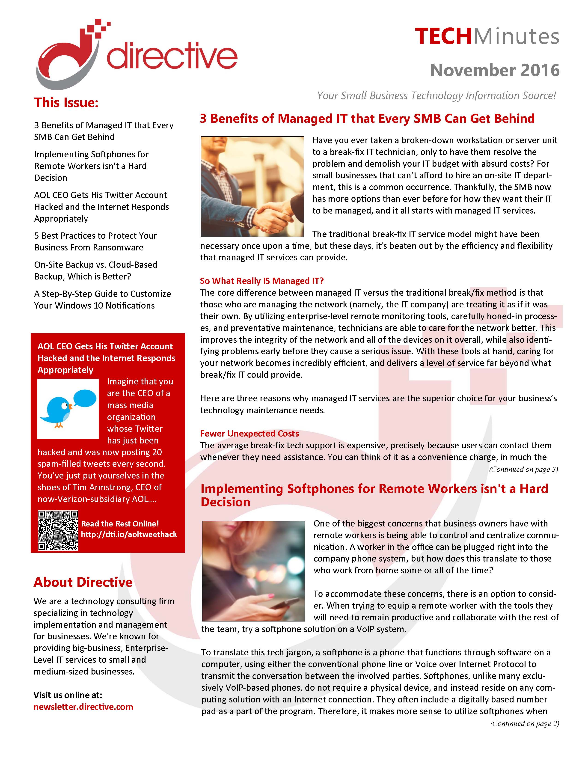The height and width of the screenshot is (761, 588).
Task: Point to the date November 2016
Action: point(495,70)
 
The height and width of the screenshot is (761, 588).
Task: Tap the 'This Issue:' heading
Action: point(66,102)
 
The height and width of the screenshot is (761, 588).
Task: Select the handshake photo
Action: point(252,186)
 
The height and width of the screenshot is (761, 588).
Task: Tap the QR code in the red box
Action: point(58,530)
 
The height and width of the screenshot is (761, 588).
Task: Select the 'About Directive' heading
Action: point(83,582)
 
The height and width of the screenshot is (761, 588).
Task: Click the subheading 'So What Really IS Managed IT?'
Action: point(262,281)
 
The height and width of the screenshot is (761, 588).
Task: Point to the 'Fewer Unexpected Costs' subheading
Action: point(249,434)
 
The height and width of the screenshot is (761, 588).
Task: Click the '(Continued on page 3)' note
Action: point(523,469)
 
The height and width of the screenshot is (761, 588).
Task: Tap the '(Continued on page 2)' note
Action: point(524,723)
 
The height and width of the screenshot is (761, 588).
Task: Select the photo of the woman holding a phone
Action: point(253,571)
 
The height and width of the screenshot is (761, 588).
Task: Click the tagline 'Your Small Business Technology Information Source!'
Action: point(436,95)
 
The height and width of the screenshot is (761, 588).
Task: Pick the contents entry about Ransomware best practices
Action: point(95,241)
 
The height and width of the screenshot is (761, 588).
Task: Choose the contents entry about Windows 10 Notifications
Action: point(102,300)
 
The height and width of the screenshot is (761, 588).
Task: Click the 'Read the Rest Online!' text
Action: point(120,524)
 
